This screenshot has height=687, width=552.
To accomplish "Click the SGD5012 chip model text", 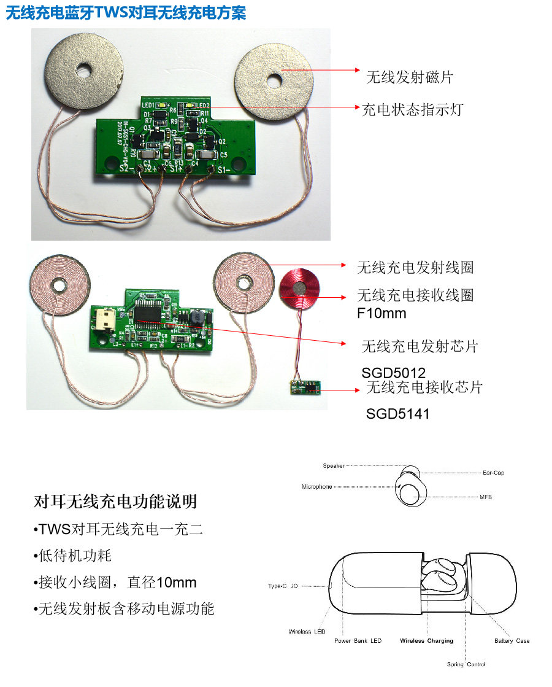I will point(393,372).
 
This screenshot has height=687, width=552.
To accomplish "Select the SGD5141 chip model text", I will point(397,414).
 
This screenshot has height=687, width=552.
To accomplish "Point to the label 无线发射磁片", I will point(409,77).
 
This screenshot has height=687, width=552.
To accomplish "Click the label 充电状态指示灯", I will point(412,110).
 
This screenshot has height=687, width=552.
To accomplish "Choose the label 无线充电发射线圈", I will point(415,268).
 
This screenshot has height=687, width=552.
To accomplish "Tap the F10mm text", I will point(381,314).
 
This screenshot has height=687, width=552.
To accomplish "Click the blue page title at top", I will point(126,13).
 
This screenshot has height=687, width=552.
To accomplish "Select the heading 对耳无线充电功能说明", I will point(115,502).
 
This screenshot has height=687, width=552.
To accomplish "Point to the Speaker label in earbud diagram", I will point(334,466).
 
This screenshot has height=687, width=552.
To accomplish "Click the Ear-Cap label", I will point(493,473).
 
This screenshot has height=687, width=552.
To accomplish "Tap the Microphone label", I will point(316,487).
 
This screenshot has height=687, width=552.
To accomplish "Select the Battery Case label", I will point(512,641).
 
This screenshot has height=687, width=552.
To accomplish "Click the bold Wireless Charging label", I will point(426,641).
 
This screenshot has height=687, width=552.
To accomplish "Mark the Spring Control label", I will point(466,664).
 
